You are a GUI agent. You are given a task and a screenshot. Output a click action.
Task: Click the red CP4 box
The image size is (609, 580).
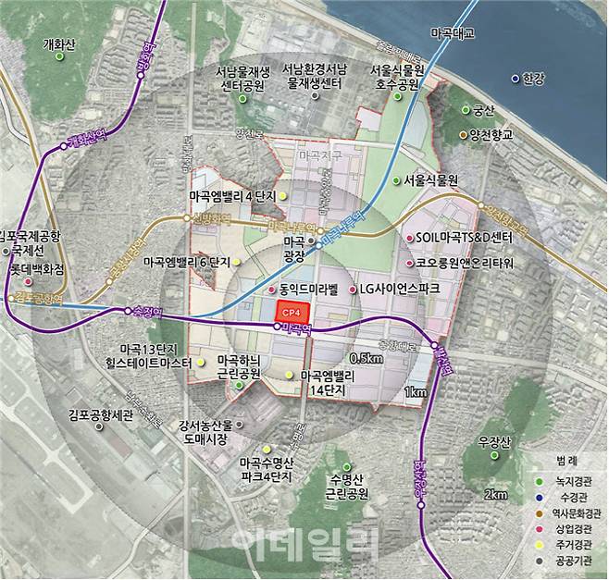[289, 313]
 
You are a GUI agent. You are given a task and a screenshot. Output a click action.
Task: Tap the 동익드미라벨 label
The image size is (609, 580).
[302, 290]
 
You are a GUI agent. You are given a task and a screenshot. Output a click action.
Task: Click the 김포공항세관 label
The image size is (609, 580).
[102, 416]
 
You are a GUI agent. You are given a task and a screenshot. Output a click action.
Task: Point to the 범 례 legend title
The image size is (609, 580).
[563, 460]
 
